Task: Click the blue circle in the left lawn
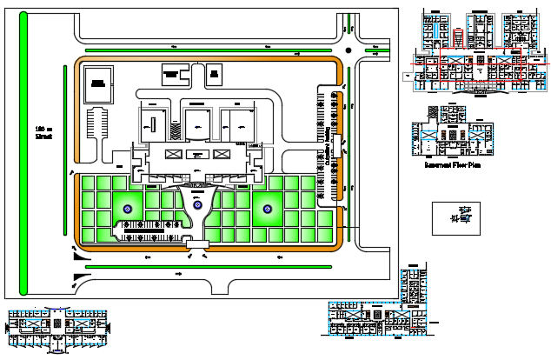(x=128, y=208)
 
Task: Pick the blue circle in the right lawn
(x=267, y=208)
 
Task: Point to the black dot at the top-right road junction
(x=349, y=50)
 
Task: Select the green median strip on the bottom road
(x=213, y=267)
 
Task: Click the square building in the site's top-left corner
(x=98, y=81)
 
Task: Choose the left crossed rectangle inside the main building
(x=170, y=154)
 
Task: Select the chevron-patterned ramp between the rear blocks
(x=175, y=130)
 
